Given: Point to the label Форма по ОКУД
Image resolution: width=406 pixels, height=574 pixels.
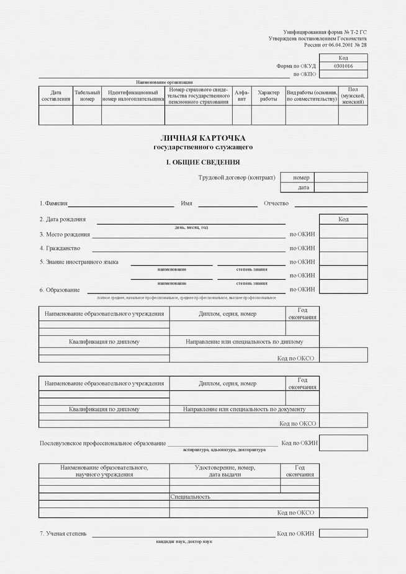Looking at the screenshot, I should pos(296,66).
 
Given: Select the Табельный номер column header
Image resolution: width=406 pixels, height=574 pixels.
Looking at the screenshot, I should pos(87,96).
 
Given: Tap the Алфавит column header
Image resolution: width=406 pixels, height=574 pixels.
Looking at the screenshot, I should pos(241,96).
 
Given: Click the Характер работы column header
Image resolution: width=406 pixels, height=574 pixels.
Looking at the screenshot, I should pos(268,96).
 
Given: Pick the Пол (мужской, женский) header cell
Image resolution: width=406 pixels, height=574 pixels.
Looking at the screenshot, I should pos(353,96).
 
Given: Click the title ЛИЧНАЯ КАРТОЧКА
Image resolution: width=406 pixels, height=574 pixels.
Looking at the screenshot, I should pos(203,137).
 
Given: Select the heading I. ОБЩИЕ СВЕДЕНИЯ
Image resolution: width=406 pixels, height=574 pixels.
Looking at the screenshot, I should pos(202,162).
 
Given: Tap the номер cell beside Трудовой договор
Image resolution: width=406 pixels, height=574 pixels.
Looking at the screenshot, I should pos(301,177).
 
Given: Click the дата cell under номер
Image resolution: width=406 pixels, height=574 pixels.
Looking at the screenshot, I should pos(303,187).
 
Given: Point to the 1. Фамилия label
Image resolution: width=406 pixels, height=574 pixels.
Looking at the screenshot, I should pos(53,204).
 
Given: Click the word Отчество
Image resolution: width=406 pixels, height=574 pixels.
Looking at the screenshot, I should pos(276,204).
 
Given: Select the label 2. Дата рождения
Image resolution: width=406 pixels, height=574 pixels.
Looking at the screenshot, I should pos(63,219).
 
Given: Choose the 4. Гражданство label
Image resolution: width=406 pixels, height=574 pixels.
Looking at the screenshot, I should pos(60,248).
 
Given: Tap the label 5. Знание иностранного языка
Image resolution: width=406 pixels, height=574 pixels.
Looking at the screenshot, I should pos(79,262).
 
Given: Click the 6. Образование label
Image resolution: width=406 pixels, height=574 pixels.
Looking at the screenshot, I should pos(60,290).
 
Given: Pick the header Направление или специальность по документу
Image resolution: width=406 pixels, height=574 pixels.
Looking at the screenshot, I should pos(244,409).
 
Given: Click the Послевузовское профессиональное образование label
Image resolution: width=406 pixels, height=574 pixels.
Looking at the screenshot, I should pos(102,443).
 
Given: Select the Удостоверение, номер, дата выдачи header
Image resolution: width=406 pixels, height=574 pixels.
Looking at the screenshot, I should pos(224,471).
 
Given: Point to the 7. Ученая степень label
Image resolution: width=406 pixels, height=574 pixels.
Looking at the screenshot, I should pos(63,534).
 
